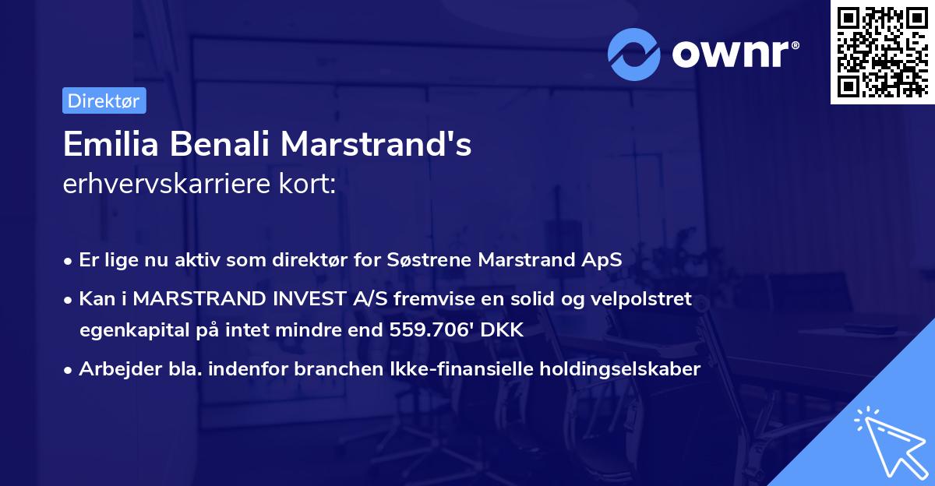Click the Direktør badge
click(x=104, y=100)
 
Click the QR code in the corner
click(x=882, y=51)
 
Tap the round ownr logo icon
click(x=634, y=54)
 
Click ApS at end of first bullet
click(x=604, y=260)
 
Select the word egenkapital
click(x=126, y=330)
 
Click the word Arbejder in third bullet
click(x=112, y=370)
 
